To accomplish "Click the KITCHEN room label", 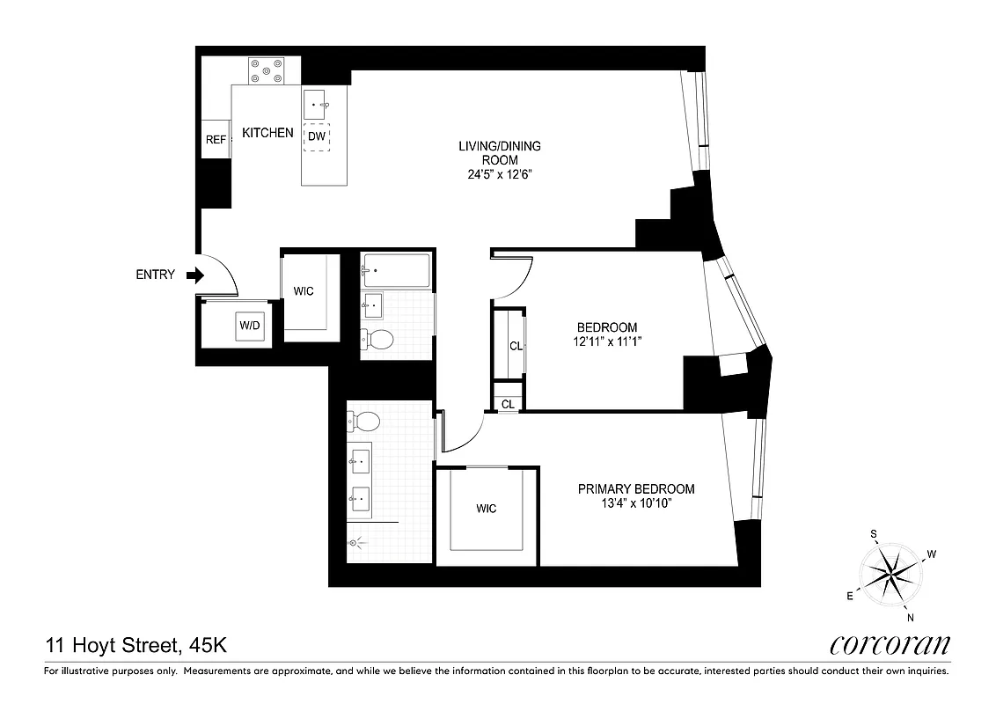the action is coord(267,133).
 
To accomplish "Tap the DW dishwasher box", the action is coord(317,136).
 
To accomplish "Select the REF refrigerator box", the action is coord(216,140).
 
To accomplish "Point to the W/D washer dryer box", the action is coord(250,326).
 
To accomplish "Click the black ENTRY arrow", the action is coord(195,275).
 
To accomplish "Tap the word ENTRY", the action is coord(155,275).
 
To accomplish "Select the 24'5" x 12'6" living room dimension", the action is coord(499,174).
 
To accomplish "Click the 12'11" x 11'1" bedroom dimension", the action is coord(603,342).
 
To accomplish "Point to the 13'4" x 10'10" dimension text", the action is coord(635,504).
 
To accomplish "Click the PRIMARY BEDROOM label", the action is coord(635,489).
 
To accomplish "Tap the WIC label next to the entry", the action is coord(304,291).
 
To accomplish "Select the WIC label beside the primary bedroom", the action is coord(486,509).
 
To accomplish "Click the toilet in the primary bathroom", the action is coord(363,421).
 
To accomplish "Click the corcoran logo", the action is coord(890,645).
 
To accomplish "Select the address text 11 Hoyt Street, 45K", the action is coord(136,646).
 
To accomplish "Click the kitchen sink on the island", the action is coord(317,105).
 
